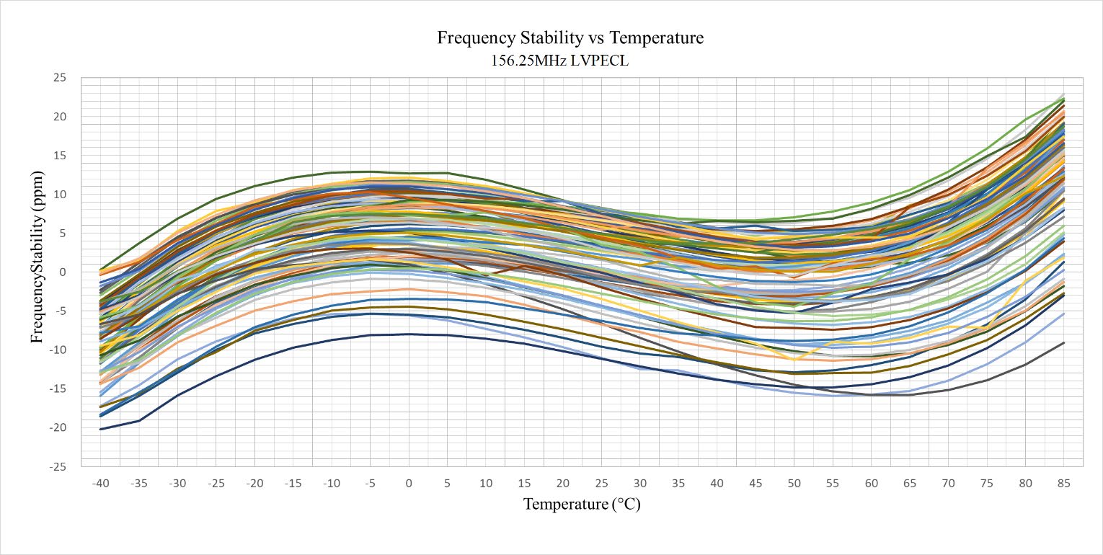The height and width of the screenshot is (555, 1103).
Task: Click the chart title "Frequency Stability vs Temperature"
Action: (570, 38)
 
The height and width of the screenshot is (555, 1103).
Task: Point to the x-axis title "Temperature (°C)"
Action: (582, 504)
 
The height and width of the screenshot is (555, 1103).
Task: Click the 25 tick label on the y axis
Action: (60, 78)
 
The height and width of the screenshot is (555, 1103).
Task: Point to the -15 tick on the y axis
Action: (58, 388)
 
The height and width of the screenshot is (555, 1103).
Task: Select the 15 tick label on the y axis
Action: (60, 156)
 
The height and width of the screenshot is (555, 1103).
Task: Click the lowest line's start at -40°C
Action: (101, 429)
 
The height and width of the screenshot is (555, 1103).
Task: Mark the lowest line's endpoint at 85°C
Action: (1063, 343)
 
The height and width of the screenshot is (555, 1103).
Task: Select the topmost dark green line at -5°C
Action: (371, 172)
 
